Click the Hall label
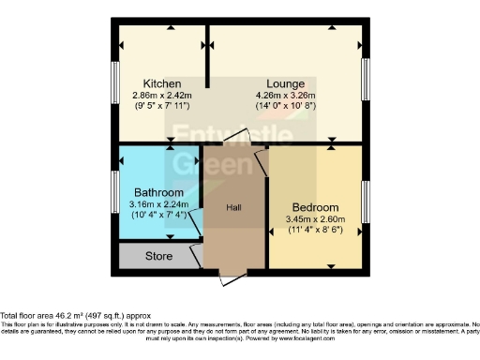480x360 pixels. (x=234, y=207)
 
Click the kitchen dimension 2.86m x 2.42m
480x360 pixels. (x=161, y=95)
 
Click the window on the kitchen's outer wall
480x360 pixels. (x=116, y=81)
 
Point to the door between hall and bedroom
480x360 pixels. (x=263, y=167)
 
